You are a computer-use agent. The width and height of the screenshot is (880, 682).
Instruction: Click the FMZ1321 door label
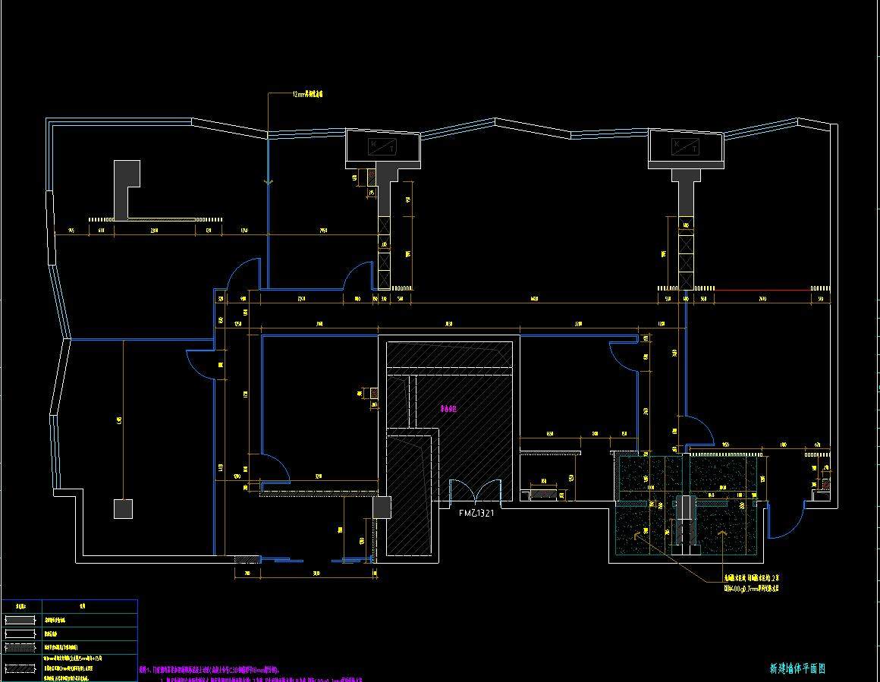pos(476,514)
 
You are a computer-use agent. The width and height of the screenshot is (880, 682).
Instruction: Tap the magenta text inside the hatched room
pos(448,408)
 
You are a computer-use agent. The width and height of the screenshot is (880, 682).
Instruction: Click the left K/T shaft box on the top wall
pos(383,146)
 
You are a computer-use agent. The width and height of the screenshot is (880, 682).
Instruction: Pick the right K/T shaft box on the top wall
pos(686,146)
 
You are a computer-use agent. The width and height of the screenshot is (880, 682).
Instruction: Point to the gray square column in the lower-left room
pos(123,508)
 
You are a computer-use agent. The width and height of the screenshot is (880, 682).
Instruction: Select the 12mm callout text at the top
pos(308,95)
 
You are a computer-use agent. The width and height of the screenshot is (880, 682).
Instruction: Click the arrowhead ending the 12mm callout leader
pos(268,181)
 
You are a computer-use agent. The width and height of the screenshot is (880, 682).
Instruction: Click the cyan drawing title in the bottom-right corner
pos(797,668)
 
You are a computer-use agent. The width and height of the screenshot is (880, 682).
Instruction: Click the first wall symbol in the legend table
pos(20,620)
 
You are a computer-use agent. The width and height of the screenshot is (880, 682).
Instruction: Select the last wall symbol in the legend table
pos(20,668)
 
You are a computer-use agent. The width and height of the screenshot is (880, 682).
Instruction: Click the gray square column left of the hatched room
pos(382,507)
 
